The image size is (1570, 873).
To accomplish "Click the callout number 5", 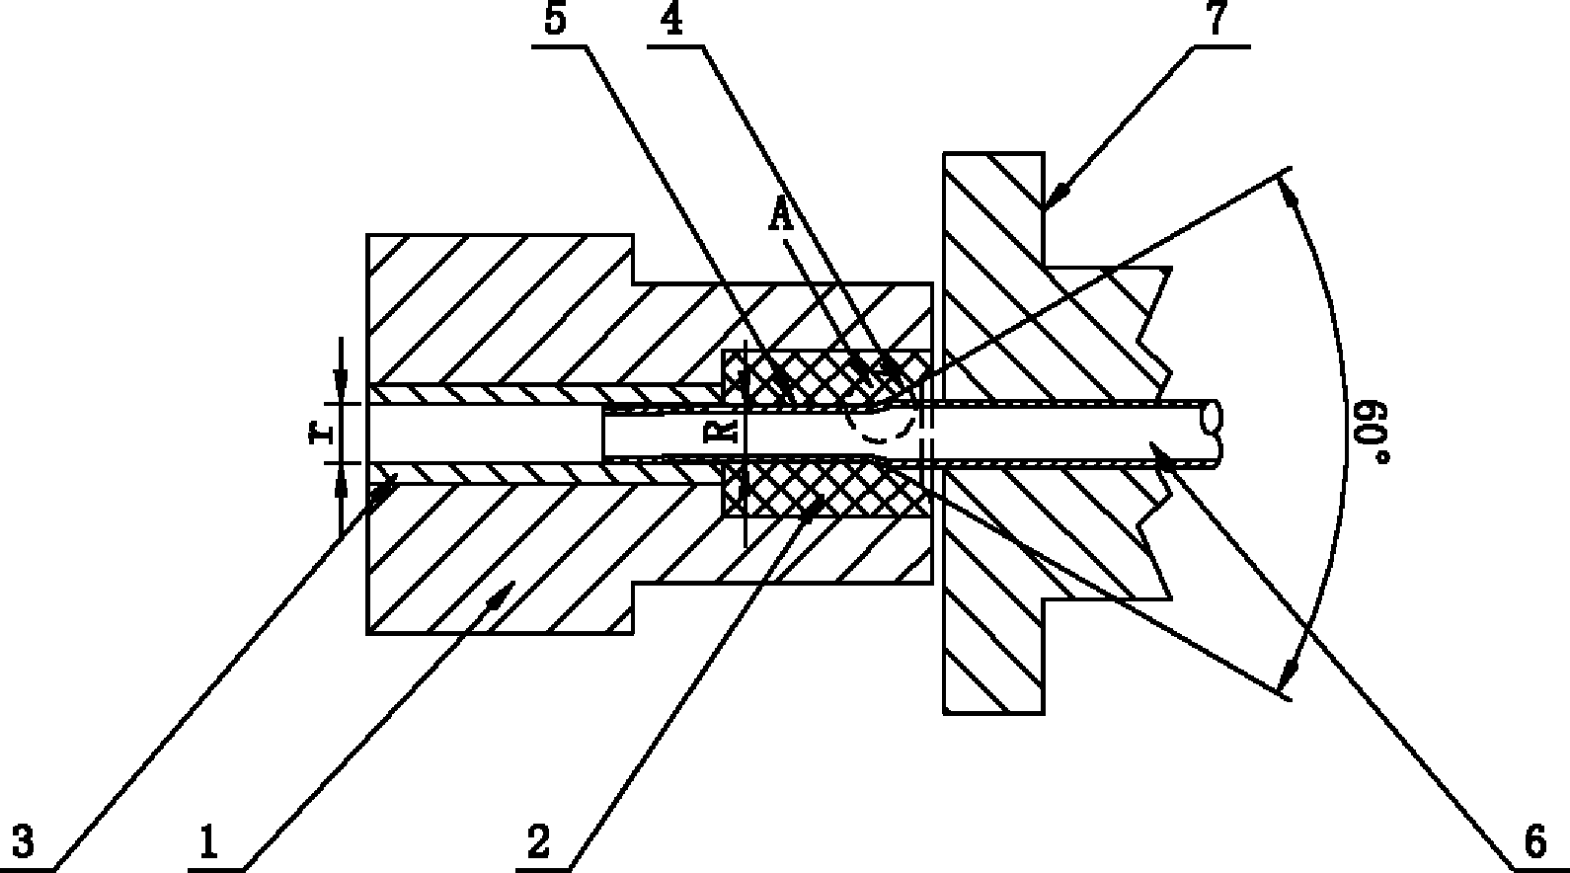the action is point(555,20).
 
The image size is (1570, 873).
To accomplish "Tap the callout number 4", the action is point(671,20).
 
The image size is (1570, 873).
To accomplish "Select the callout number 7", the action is point(1217,20).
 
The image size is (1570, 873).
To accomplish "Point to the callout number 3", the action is point(23,841).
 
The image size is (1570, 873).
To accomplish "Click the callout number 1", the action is point(208,841).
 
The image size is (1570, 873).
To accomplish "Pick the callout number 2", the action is point(538,841).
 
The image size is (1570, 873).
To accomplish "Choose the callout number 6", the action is point(1535,841).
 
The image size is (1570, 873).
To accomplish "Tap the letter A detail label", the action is point(781,214).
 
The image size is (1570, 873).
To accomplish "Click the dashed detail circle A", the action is point(882,414).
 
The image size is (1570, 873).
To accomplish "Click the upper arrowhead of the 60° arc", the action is point(1289,190).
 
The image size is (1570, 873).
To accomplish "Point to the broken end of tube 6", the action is point(1212,434).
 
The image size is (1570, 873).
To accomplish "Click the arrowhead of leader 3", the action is point(384,489).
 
